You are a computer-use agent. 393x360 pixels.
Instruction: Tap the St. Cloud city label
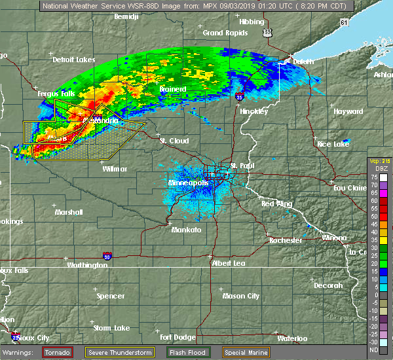pyautogui.click(x=174, y=141)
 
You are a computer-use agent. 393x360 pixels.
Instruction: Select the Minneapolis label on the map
pyautogui.click(x=188, y=184)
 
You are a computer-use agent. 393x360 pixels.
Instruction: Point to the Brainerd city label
pyautogui.click(x=173, y=89)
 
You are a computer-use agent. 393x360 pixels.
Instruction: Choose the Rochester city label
pyautogui.click(x=286, y=240)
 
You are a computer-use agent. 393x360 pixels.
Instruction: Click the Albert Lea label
pyautogui.click(x=229, y=262)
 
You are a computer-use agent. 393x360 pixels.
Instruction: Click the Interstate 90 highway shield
pyautogui.click(x=107, y=257)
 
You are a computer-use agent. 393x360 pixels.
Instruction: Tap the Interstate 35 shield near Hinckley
pyautogui.click(x=240, y=97)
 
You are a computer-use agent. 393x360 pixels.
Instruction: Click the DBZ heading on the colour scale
pyautogui.click(x=379, y=170)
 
